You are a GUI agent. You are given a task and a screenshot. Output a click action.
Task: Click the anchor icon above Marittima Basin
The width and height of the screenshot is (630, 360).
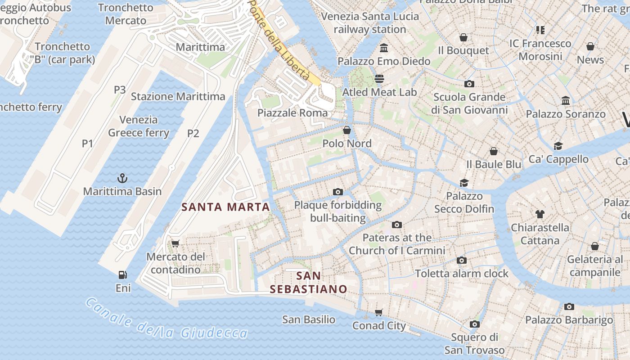[x=122, y=178]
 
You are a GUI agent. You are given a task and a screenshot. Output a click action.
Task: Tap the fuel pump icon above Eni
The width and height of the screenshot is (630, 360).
[x=122, y=274]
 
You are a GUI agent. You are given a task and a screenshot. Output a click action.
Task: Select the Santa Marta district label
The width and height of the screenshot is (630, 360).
[x=225, y=207]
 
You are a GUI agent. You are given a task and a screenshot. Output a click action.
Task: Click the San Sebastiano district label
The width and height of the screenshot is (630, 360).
[x=309, y=282]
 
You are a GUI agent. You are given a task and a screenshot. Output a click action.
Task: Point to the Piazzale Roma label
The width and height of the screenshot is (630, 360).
[x=292, y=113]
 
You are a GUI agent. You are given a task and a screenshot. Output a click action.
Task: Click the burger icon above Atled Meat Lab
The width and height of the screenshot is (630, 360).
[x=379, y=79]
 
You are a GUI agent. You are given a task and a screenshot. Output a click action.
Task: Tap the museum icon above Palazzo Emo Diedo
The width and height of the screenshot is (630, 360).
[x=384, y=48]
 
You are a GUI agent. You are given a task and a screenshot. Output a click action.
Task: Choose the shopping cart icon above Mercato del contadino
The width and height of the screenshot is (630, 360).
[x=175, y=243]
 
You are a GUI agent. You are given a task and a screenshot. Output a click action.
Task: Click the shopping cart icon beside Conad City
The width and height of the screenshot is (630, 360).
[x=379, y=312]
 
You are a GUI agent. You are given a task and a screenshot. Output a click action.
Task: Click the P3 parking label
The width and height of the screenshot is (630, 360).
[x=120, y=90]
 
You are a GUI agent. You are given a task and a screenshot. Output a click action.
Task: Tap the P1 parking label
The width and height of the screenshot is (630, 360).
[x=87, y=144]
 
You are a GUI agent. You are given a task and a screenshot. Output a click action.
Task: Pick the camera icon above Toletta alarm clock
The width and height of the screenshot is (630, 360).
[x=461, y=260]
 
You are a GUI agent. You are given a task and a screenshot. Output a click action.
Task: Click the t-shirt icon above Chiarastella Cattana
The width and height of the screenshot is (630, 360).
[x=540, y=214]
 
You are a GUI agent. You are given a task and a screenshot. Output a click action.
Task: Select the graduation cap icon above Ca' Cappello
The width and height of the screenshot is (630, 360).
[x=558, y=146]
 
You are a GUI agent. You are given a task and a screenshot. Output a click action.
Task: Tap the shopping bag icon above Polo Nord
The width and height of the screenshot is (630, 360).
[x=347, y=130]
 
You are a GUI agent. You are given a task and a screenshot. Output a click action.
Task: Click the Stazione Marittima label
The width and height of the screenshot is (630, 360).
[x=178, y=96]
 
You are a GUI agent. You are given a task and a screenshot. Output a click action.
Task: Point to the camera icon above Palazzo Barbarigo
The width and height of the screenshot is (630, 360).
[x=569, y=307]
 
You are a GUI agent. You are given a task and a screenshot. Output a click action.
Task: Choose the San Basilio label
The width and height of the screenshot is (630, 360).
[x=309, y=319]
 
